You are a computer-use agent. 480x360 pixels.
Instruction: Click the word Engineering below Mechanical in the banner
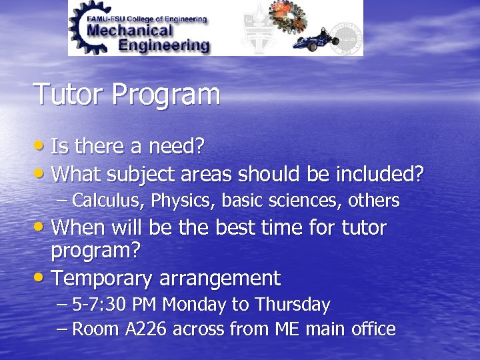[163, 45]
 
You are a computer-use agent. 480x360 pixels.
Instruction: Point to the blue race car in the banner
[313, 39]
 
